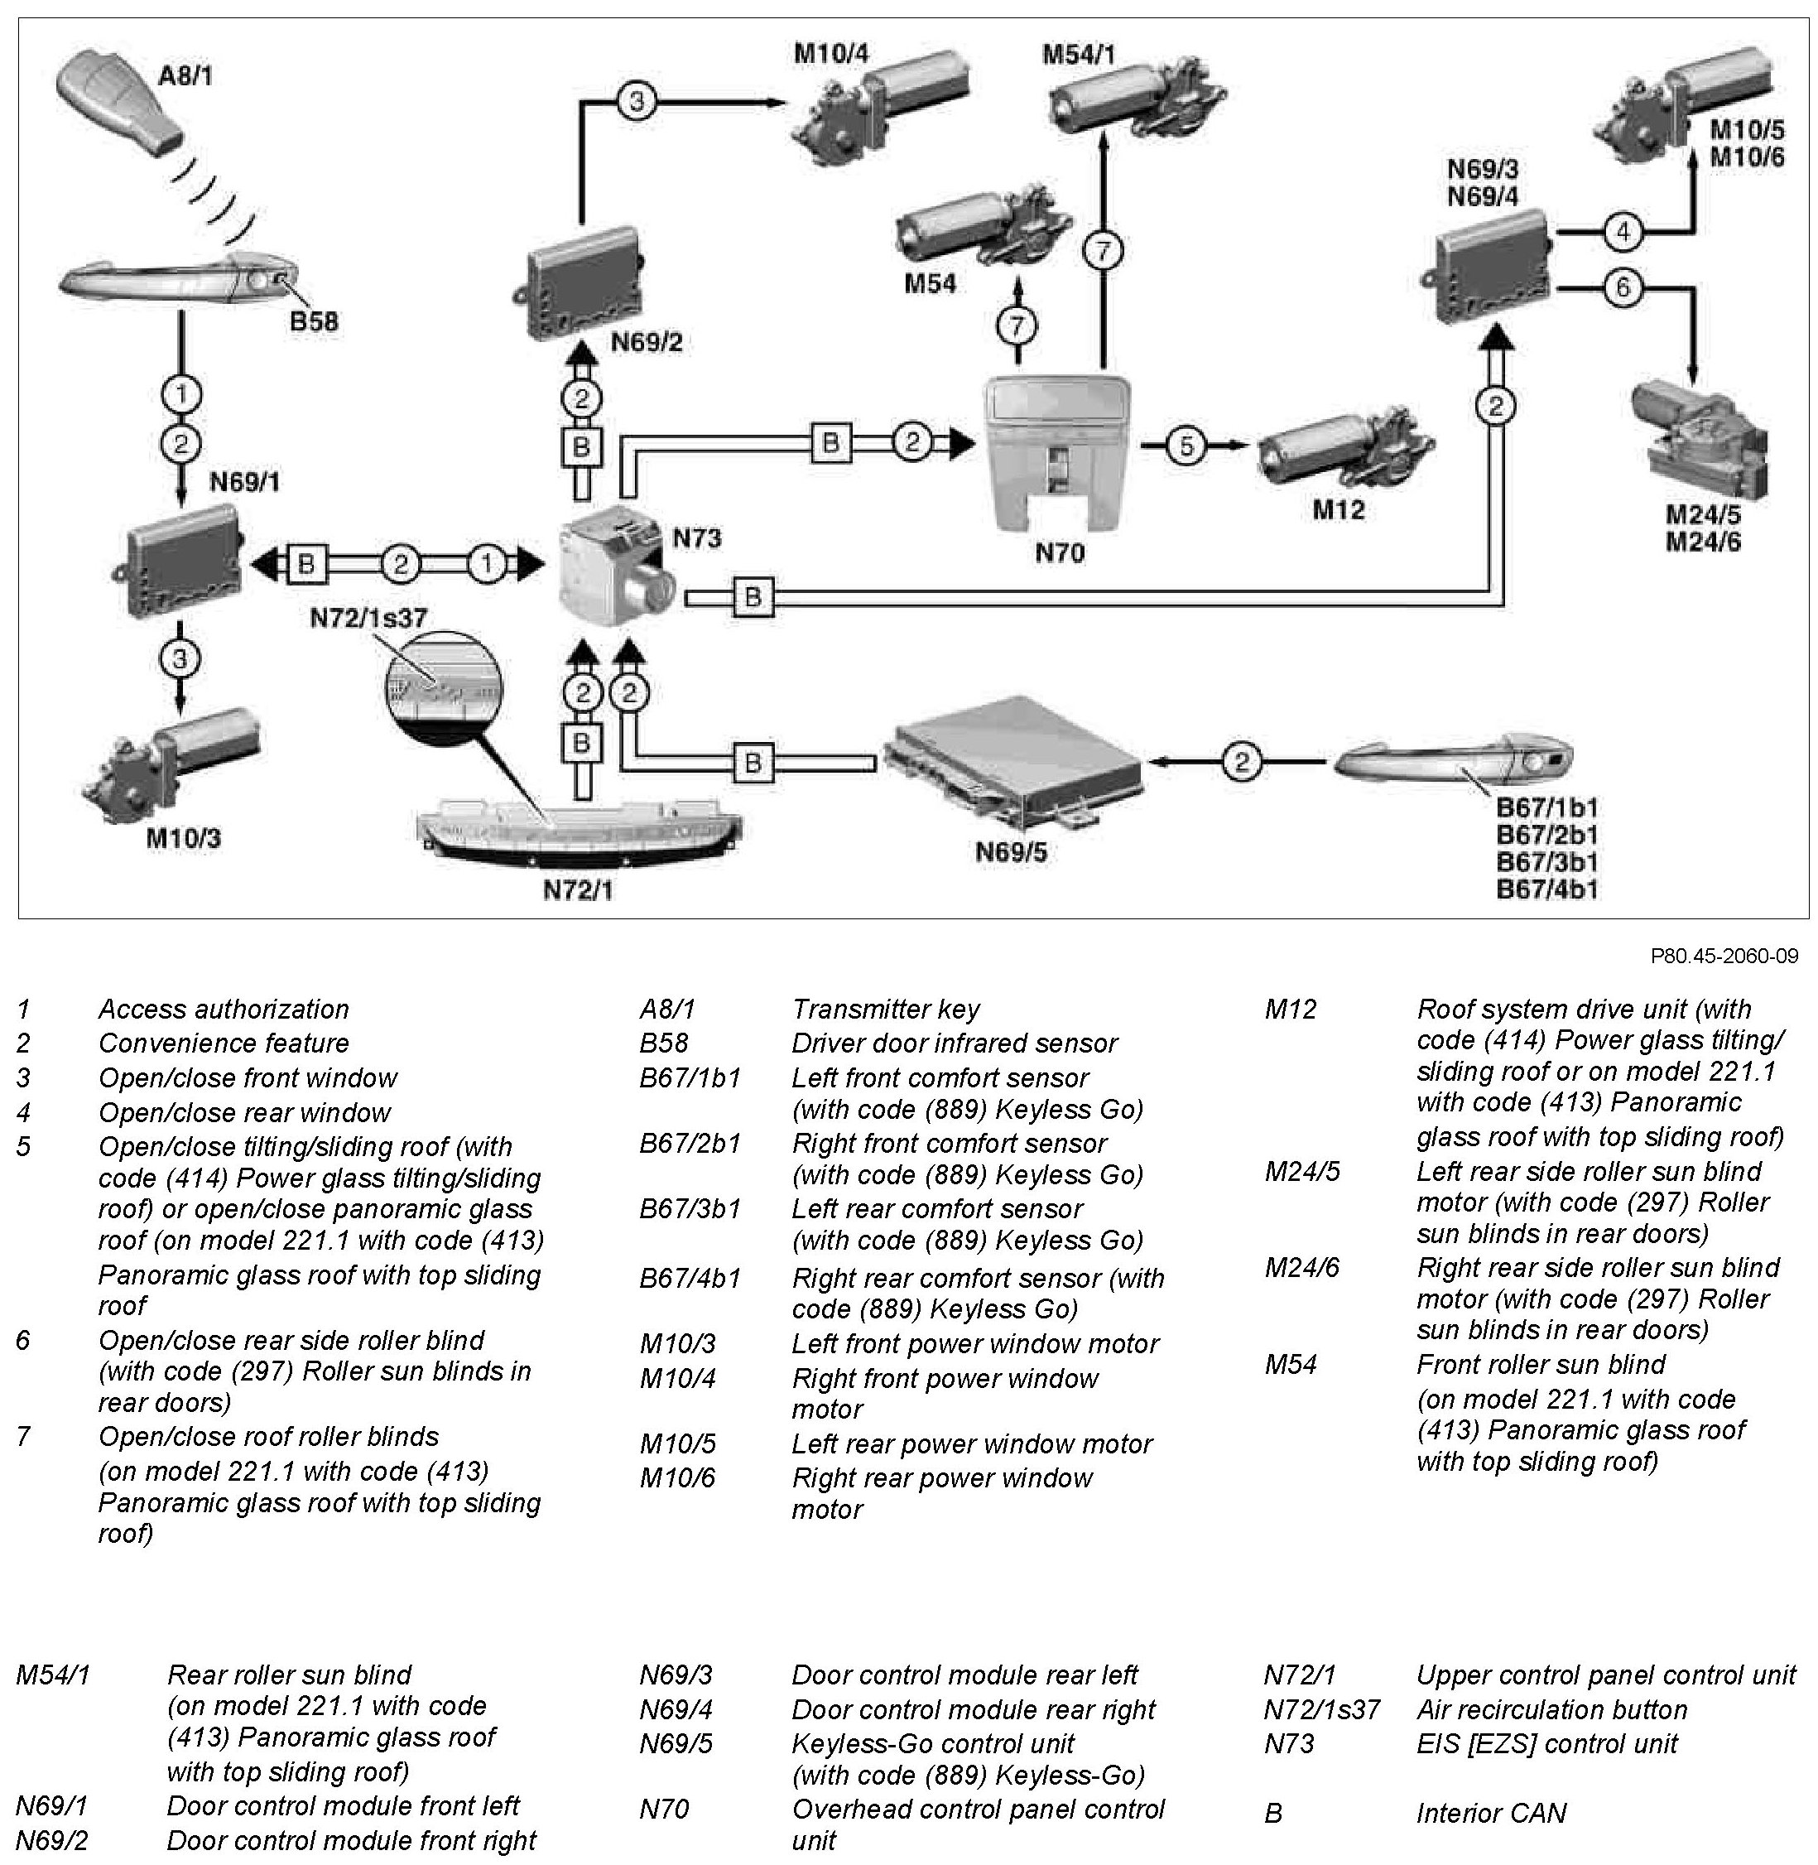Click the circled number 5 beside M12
1186,446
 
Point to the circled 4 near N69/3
1623,230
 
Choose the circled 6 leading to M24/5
1623,287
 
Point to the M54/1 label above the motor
1078,55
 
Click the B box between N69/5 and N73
753,762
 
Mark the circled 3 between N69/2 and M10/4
637,100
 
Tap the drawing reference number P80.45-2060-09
1724,956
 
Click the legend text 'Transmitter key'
885,1010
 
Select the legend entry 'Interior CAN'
1490,1813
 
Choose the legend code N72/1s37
1321,1708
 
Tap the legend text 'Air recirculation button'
1551,1708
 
